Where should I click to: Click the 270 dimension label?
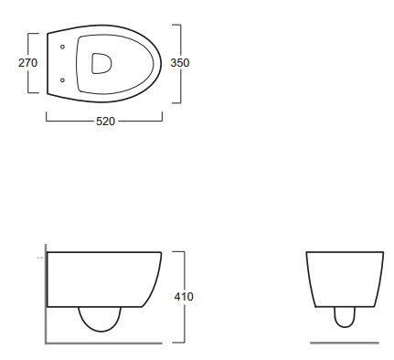(x=27, y=63)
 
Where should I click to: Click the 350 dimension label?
(x=180, y=63)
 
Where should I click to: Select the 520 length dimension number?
(x=105, y=122)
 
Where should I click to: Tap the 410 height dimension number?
(x=184, y=297)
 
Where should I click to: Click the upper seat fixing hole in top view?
(x=62, y=47)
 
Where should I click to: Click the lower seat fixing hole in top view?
(x=62, y=80)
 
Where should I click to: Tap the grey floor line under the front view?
(x=345, y=343)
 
